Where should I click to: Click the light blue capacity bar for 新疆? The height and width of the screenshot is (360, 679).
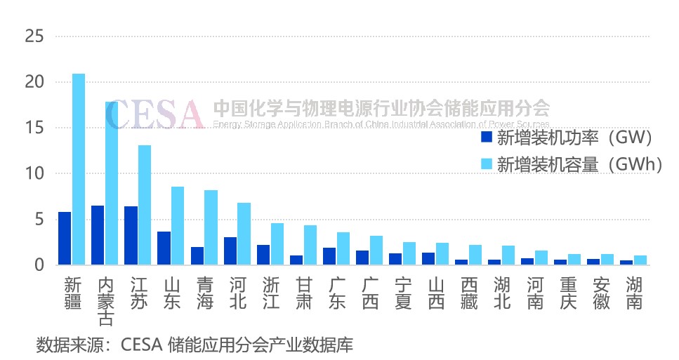coord(78,169)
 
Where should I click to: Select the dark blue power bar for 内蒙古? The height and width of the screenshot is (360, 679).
coord(98,235)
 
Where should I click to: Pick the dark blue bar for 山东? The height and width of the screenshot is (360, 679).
coord(164,248)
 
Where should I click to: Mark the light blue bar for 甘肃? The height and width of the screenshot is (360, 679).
coord(310,245)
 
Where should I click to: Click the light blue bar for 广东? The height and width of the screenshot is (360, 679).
coord(343,248)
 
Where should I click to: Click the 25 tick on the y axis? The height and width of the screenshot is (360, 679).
coord(34,36)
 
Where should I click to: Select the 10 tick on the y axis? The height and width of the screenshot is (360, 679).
coord(34,173)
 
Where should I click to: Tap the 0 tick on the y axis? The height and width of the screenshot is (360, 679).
coord(39,265)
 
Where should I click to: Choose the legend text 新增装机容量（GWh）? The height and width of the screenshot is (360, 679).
coord(580,164)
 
